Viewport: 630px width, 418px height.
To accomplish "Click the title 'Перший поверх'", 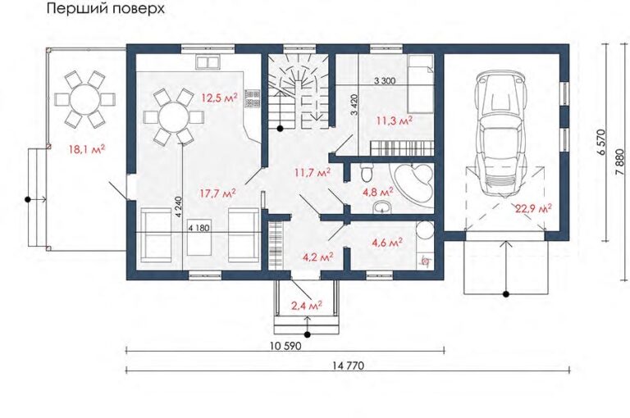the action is (x=106, y=8).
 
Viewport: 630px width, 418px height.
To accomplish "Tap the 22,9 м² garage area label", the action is (x=534, y=208).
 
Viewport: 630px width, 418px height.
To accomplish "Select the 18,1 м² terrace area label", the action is (x=87, y=150).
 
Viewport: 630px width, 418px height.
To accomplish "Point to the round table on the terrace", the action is (x=85, y=98).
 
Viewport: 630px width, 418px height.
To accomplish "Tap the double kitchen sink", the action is (x=208, y=62).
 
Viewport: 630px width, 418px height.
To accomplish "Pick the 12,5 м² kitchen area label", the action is (x=219, y=98).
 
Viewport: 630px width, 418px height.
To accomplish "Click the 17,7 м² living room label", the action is (x=217, y=193).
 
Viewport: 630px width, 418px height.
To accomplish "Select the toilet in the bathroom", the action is (x=366, y=173).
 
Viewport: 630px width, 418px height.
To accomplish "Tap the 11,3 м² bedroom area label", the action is (x=394, y=120).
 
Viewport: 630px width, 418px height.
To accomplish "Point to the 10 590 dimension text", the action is (x=286, y=346).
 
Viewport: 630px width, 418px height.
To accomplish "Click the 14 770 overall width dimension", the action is (x=349, y=366).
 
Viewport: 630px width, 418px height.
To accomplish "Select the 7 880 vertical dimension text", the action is (x=620, y=162).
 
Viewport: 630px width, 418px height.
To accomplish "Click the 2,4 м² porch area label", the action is (x=307, y=306).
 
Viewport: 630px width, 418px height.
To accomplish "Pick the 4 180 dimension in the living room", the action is (x=199, y=228).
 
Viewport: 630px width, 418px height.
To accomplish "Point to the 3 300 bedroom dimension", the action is (x=385, y=80).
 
